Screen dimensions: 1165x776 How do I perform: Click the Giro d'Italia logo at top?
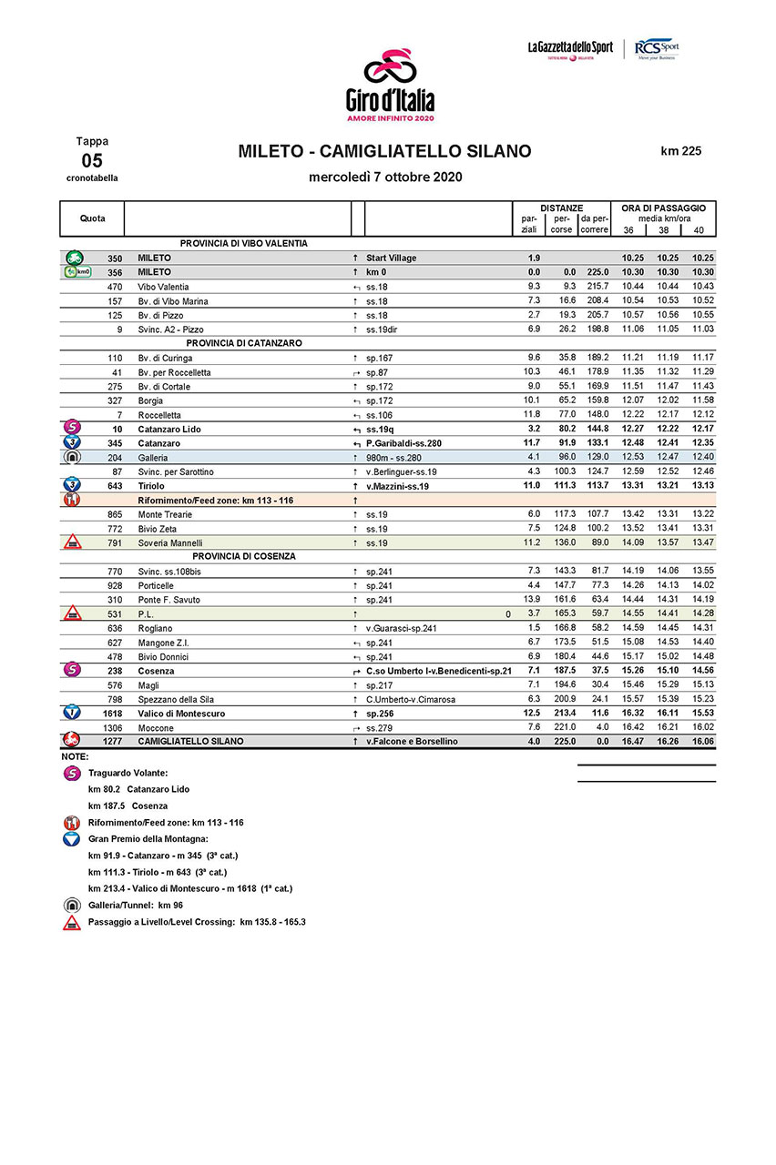pos(390,86)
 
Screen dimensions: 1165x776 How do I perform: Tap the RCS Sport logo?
pos(656,48)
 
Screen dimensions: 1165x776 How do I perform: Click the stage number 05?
pos(92,161)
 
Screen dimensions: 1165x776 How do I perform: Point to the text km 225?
pos(680,152)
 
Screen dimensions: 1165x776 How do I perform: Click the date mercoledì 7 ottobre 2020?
pos(385,177)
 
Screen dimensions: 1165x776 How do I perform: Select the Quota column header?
pos(92,218)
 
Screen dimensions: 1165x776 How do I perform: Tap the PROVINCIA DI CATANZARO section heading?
pos(243,343)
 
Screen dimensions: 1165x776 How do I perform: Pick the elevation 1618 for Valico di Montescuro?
pos(111,714)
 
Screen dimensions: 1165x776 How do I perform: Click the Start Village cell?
pos(391,258)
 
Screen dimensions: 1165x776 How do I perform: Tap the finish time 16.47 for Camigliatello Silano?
pos(633,742)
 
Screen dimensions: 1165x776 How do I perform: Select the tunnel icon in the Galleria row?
pos(71,458)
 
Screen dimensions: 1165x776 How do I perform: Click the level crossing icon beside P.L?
pos(71,614)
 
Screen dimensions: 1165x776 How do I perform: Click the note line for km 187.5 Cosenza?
pos(128,805)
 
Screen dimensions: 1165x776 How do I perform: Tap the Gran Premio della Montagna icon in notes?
pos(71,838)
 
